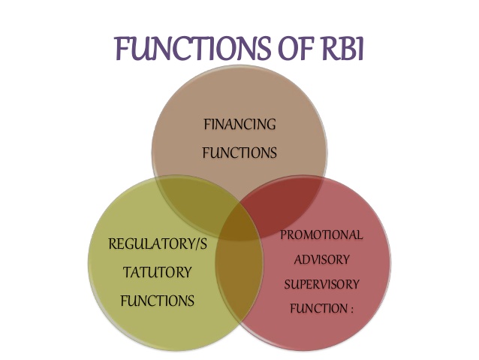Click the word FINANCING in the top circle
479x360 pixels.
tap(240, 124)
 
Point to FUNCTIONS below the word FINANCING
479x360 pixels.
tap(240, 153)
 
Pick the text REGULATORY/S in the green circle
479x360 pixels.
tap(157, 244)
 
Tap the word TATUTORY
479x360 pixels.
tap(157, 272)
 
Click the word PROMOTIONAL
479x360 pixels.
tap(321, 235)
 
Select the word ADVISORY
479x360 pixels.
tap(321, 260)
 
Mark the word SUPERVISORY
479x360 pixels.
tap(321, 285)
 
